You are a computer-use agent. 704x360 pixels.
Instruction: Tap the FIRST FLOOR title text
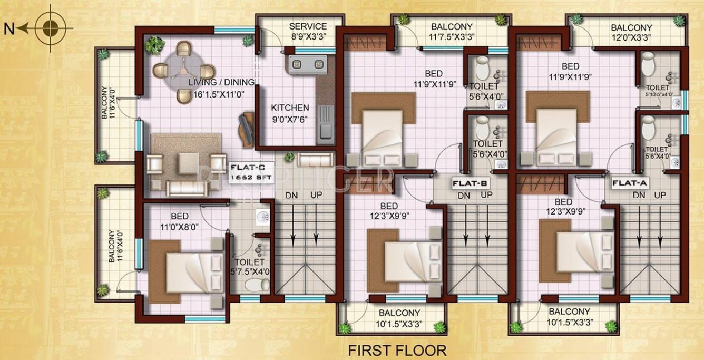point(398,350)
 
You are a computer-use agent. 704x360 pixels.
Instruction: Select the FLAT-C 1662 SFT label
point(250,173)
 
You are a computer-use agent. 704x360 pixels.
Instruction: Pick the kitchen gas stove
point(307,65)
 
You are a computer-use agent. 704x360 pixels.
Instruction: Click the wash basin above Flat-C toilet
point(262,216)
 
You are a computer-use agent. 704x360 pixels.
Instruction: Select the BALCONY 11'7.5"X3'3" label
point(452,32)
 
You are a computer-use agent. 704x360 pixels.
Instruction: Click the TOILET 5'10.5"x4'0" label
point(659,91)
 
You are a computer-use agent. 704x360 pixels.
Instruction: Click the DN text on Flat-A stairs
point(639,195)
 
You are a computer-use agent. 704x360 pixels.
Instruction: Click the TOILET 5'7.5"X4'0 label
point(250,267)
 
